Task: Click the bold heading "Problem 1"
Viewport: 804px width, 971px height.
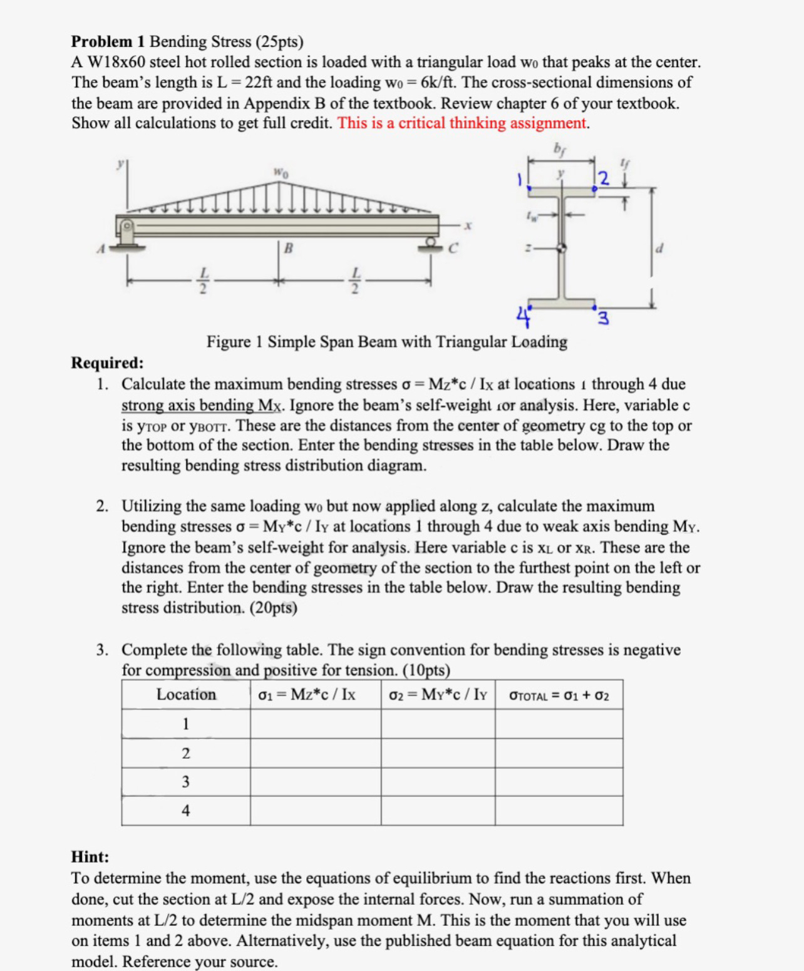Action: (x=108, y=41)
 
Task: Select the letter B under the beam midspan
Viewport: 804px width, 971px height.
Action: (x=288, y=248)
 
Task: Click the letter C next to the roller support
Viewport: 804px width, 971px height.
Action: (x=453, y=249)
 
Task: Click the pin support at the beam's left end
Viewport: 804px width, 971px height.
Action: (x=127, y=234)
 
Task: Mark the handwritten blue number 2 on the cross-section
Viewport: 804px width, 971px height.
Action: (x=604, y=178)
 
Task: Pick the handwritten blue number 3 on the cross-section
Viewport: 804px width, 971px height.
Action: (x=603, y=319)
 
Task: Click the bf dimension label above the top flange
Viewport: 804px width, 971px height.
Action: (x=558, y=148)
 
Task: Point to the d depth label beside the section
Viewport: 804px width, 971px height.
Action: (x=658, y=249)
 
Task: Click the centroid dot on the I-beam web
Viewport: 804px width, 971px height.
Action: (x=562, y=248)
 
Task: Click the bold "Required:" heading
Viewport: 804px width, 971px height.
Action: (x=107, y=362)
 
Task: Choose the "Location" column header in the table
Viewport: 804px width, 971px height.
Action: (x=186, y=694)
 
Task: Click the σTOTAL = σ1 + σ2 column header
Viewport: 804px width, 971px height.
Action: (x=559, y=695)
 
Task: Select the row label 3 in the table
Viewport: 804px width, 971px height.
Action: (x=185, y=781)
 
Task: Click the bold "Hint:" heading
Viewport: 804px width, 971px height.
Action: (x=90, y=856)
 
